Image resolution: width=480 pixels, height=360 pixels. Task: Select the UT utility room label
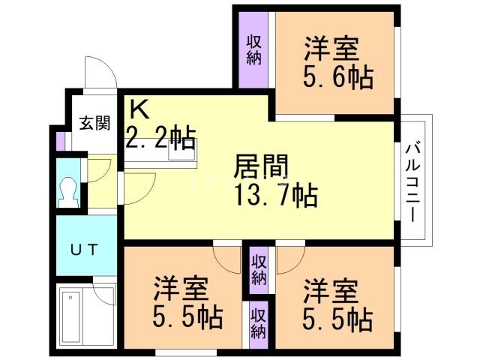coord(83,250)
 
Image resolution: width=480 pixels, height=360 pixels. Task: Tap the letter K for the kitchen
coord(139,109)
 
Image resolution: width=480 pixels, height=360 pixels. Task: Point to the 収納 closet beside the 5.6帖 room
coord(254,49)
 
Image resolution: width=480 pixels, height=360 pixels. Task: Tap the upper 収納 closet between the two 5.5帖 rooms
coord(258,269)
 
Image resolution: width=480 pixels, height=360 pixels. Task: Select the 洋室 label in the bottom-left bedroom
coord(181,288)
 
